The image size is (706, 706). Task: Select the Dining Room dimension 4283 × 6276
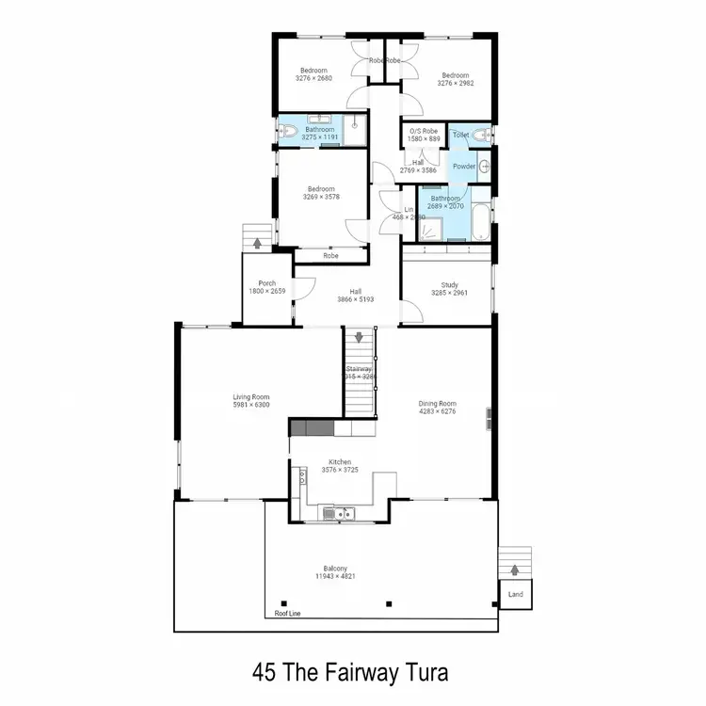[437, 410]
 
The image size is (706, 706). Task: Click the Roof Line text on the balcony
[287, 613]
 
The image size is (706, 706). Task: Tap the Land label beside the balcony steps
[515, 595]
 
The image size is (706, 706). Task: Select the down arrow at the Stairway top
[359, 337]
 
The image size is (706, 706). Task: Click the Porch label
[266, 282]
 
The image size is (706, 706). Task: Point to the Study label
[449, 284]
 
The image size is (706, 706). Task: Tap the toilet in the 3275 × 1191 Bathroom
[287, 133]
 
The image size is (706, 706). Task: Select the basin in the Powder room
[484, 167]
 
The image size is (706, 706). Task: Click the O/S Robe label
[423, 130]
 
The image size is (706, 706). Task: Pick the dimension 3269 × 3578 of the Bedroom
[320, 197]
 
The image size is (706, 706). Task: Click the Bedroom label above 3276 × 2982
[456, 74]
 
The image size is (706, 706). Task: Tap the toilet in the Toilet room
[480, 135]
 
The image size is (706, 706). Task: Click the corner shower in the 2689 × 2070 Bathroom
[433, 229]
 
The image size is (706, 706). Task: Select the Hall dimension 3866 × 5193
[356, 299]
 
